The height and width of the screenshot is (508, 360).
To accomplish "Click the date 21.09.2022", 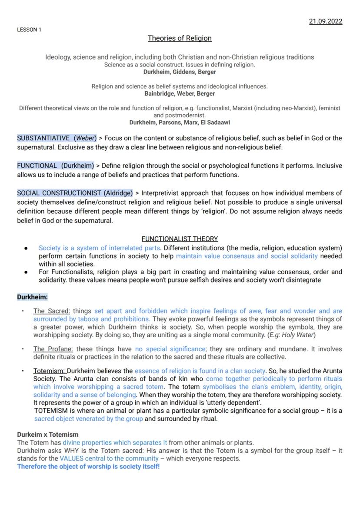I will click(325, 21).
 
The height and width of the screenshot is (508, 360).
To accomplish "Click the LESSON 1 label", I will click(29, 30).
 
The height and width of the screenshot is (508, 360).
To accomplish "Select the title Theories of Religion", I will click(180, 38).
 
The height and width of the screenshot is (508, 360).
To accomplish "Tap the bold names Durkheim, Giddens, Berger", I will click(180, 72).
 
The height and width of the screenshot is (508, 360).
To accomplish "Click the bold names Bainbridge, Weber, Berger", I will click(180, 93).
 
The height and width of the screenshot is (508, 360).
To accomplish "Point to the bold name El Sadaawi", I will click(216, 123).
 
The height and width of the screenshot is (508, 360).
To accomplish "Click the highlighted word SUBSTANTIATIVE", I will click(43, 138).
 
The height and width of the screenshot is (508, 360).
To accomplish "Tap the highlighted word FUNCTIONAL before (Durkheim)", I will click(37, 166).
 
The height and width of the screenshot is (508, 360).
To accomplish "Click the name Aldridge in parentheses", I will click(118, 193).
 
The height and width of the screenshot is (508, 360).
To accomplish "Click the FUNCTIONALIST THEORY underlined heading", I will click(180, 239).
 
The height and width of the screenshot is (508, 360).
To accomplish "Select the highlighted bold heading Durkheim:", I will click(32, 297).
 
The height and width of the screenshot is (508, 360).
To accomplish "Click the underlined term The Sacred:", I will click(51, 311).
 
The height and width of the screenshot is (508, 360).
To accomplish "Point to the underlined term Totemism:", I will click(50, 371).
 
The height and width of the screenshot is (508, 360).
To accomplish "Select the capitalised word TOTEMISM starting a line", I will click(52, 411).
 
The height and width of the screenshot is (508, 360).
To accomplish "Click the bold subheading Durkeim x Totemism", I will click(48, 435).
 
